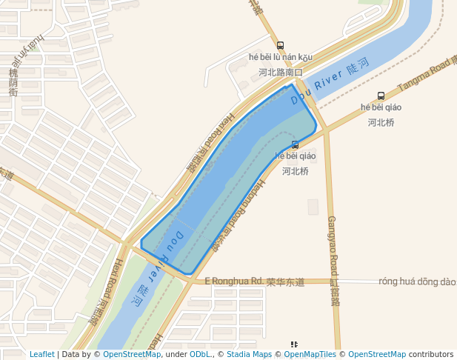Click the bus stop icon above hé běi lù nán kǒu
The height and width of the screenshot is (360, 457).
279,45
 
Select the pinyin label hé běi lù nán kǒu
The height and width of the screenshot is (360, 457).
281,58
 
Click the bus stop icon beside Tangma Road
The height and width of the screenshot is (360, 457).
381,96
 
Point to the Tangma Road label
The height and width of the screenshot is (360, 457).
424,75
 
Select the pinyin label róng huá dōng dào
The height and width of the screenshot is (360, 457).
417,281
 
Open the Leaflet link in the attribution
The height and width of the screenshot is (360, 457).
41,355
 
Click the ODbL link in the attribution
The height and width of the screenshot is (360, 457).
199,355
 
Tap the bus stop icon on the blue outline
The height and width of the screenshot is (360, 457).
296,144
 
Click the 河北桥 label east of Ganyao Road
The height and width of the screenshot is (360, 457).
380,122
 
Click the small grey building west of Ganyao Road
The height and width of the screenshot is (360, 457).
313,207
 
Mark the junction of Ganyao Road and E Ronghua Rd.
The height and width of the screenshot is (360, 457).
333,281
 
